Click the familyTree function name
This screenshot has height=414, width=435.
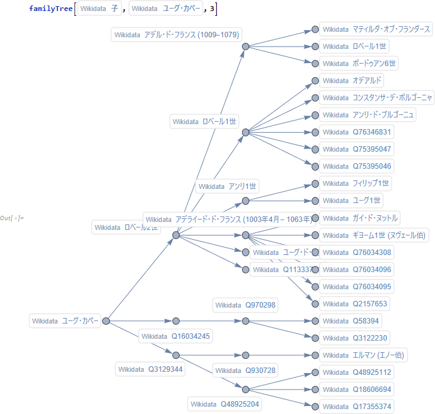click(49, 9)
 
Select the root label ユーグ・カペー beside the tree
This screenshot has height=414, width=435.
click(65, 321)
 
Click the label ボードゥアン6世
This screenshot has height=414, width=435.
click(360, 64)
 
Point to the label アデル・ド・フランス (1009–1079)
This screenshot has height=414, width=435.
click(177, 35)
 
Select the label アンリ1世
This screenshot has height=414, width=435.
click(228, 187)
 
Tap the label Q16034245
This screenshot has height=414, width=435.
click(176, 336)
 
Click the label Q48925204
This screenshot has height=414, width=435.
click(224, 404)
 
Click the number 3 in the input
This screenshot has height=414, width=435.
click(211, 9)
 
